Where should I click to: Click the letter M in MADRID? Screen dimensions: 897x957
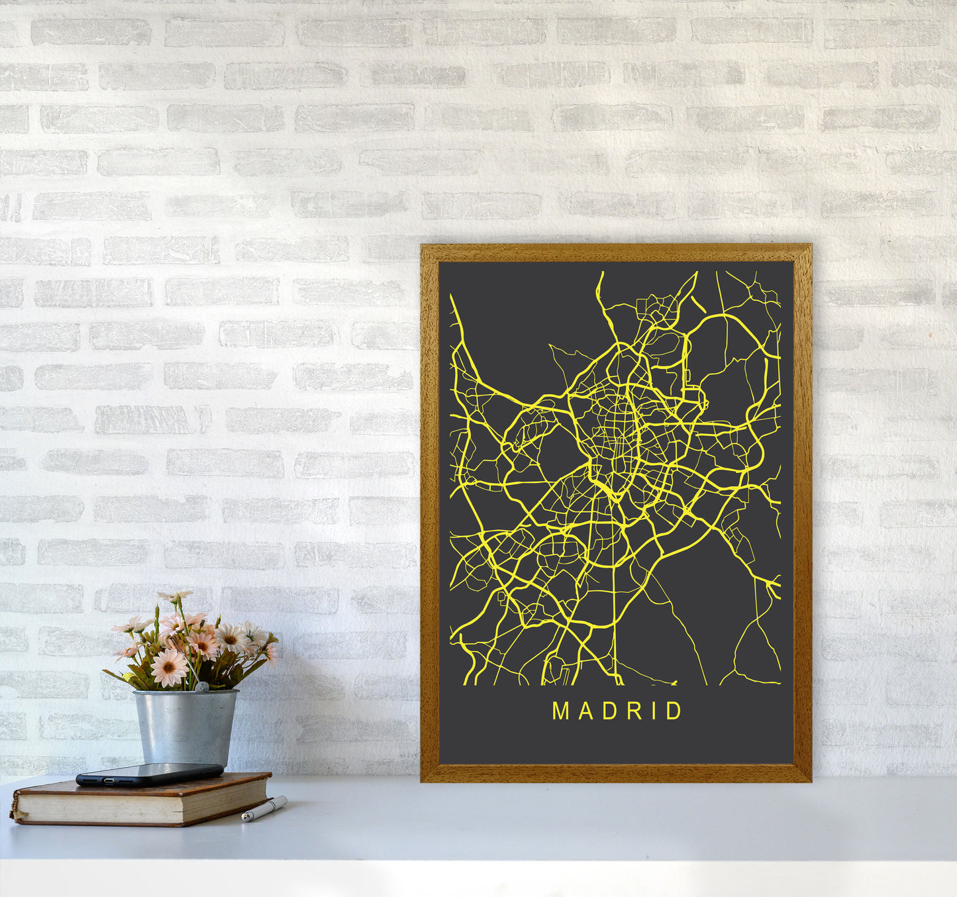[x=560, y=711]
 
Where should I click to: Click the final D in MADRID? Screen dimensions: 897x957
[x=675, y=711]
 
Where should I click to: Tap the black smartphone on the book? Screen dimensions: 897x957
[x=149, y=774]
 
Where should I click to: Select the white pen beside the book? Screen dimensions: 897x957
[x=264, y=809]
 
